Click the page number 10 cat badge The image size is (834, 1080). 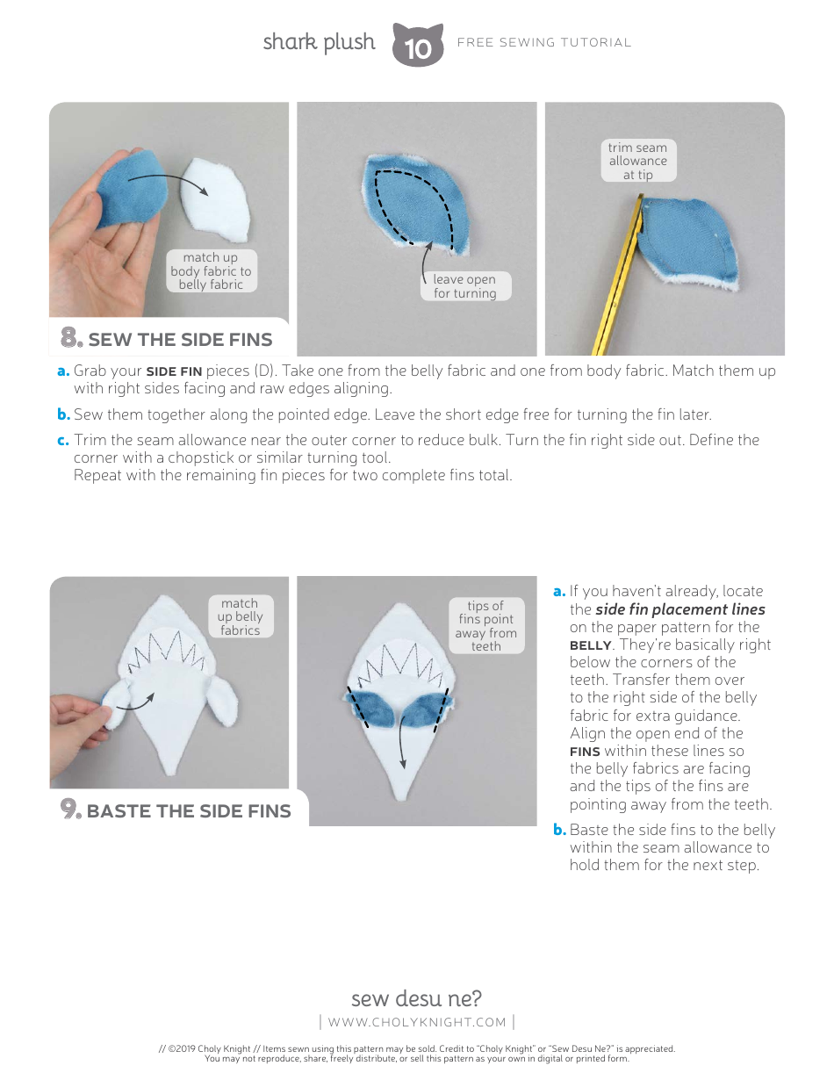tap(418, 47)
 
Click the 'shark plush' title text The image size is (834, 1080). tap(319, 42)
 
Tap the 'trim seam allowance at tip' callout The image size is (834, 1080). tap(638, 161)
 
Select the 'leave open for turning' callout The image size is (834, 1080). tap(464, 286)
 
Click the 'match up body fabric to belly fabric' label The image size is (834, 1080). tap(211, 270)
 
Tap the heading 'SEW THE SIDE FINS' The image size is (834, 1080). tap(180, 340)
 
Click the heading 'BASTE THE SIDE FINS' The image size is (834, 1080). tap(189, 810)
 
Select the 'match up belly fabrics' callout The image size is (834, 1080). tap(240, 616)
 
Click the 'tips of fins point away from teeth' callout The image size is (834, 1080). tap(485, 626)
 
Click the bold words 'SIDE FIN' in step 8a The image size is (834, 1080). tap(174, 371)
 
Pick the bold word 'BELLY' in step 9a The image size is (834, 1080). tap(590, 645)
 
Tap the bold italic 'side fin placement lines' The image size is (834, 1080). tap(679, 609)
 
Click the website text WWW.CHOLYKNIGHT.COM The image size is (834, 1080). tap(417, 1022)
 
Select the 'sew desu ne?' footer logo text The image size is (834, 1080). tap(416, 998)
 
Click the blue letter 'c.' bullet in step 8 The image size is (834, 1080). tap(63, 440)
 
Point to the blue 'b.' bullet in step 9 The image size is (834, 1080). tap(559, 830)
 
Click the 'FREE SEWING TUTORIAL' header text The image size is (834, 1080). tap(544, 42)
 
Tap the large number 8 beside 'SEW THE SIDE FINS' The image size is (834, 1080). tap(70, 338)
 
